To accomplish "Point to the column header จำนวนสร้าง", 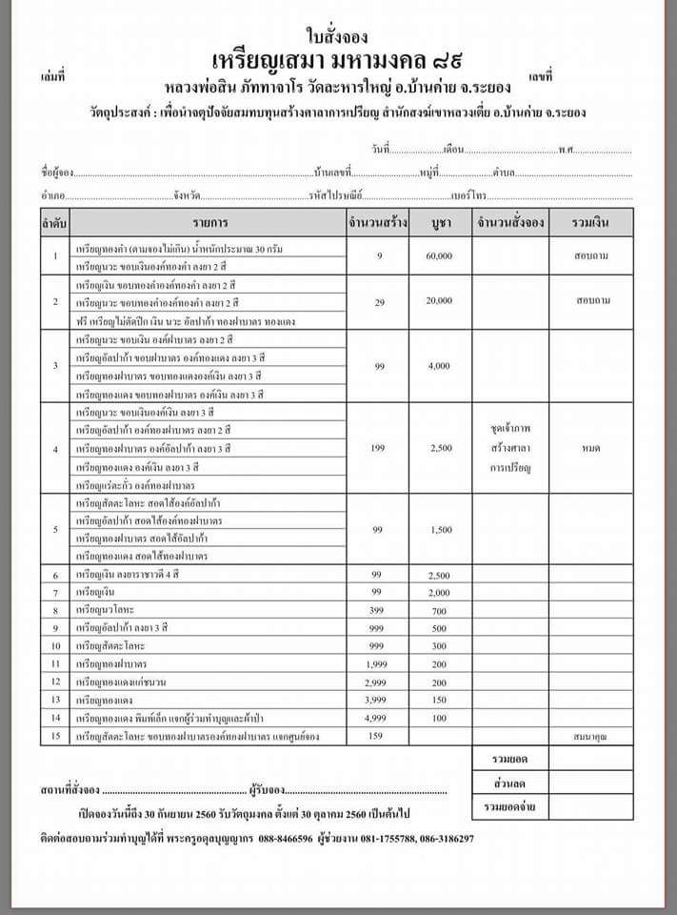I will point(378,223).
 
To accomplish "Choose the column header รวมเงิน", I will point(592,223).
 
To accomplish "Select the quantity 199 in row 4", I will point(379,447).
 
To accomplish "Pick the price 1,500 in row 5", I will point(439,529).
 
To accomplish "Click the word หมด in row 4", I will point(592,447).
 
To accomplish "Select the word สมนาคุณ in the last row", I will point(592,737).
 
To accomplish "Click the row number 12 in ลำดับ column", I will point(56,681).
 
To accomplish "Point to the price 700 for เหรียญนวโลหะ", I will point(439,610).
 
